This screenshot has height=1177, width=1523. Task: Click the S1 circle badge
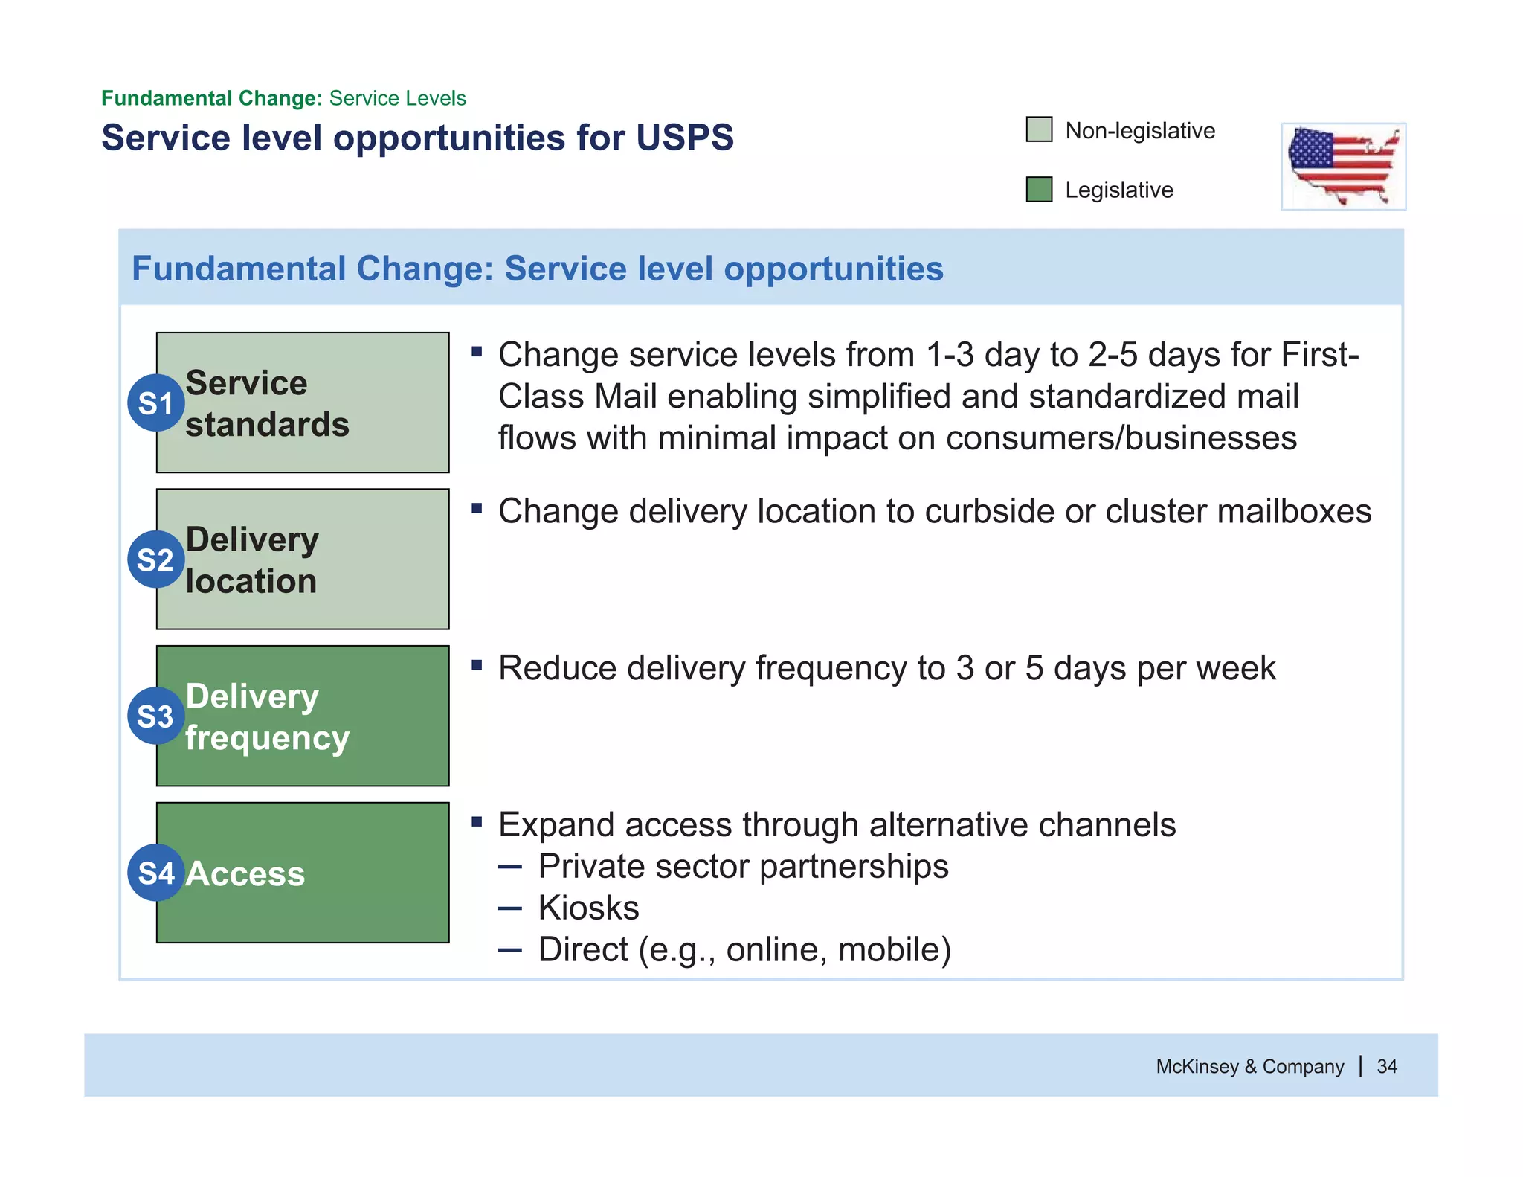[155, 403]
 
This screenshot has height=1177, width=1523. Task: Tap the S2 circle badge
[155, 559]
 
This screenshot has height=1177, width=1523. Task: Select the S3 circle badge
[155, 716]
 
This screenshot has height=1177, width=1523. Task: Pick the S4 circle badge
[155, 873]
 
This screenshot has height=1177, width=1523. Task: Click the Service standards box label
[267, 403]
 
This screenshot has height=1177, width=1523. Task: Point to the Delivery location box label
[252, 559]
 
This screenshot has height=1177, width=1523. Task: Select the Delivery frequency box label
[267, 716]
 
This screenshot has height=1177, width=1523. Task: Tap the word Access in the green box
[245, 873]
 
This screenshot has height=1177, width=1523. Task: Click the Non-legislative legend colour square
[1039, 129]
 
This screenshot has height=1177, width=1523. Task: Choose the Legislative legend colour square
[1039, 189]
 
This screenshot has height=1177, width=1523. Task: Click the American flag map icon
[1343, 167]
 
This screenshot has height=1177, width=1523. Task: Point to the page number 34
[1387, 1066]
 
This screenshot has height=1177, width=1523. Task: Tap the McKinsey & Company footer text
[1249, 1066]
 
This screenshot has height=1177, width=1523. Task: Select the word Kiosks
[588, 908]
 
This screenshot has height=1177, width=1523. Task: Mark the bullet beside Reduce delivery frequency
[477, 664]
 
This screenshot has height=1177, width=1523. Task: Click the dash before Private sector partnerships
[510, 867]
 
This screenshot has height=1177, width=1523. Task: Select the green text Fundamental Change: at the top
[211, 98]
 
